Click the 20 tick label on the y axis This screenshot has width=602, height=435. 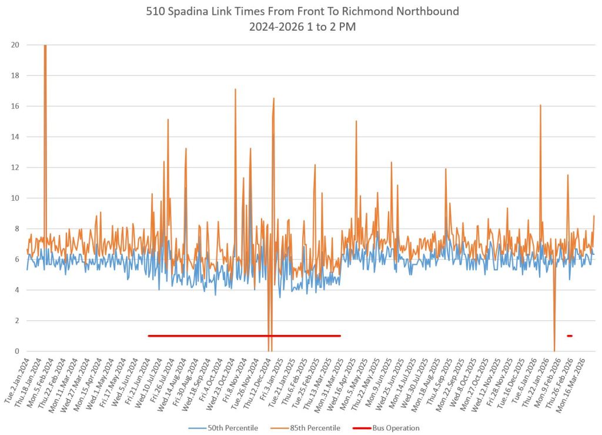[15, 45]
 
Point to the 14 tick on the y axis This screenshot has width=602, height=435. [15, 137]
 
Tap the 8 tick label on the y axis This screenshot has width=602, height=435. [18, 228]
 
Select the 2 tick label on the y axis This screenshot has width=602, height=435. [18, 321]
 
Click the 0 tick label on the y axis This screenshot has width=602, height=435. [18, 351]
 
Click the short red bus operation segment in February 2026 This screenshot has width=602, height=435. [570, 336]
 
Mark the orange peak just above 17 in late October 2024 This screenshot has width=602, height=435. [235, 89]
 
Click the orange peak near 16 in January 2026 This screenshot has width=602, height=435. [540, 105]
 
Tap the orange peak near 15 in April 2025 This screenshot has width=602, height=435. [356, 121]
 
